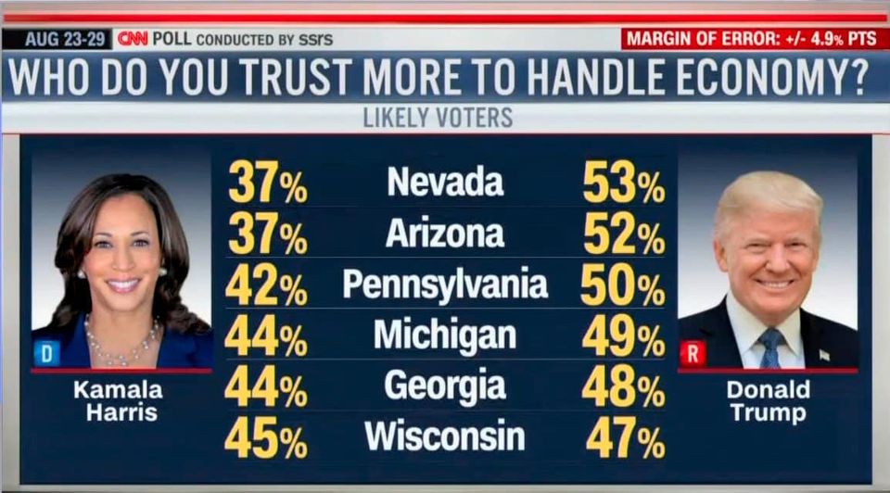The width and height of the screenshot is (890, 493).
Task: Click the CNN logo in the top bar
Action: point(133,39)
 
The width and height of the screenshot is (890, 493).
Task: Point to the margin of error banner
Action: point(754,39)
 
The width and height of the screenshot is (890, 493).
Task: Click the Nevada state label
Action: point(445,182)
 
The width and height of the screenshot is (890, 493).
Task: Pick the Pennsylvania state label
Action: point(445,284)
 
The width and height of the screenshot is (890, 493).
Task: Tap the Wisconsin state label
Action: point(445,436)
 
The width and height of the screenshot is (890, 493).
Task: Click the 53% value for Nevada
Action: point(624,183)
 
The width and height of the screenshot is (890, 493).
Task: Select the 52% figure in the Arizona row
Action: point(624,234)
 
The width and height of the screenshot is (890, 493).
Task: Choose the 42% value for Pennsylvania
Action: point(266,285)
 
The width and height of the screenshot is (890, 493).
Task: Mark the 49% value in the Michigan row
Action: point(624,336)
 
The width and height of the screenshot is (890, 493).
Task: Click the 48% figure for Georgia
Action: point(624,387)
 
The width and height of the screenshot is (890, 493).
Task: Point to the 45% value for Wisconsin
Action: point(266,437)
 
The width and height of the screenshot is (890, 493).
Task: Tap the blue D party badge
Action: point(46,352)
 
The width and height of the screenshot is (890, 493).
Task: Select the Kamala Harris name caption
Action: point(119,400)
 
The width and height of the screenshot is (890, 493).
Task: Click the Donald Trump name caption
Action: point(768,400)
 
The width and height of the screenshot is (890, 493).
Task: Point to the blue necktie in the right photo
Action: point(769,347)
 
